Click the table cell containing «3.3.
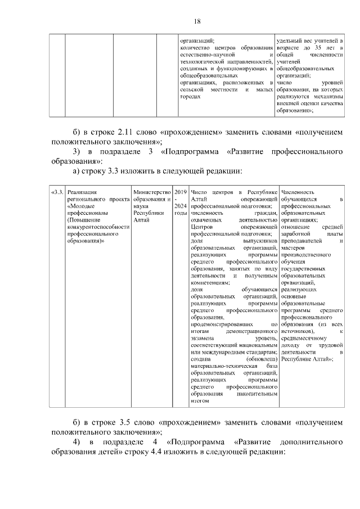coord(57,192)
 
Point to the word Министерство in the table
coord(151,192)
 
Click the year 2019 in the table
coord(181,192)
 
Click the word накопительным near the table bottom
coord(259,394)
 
